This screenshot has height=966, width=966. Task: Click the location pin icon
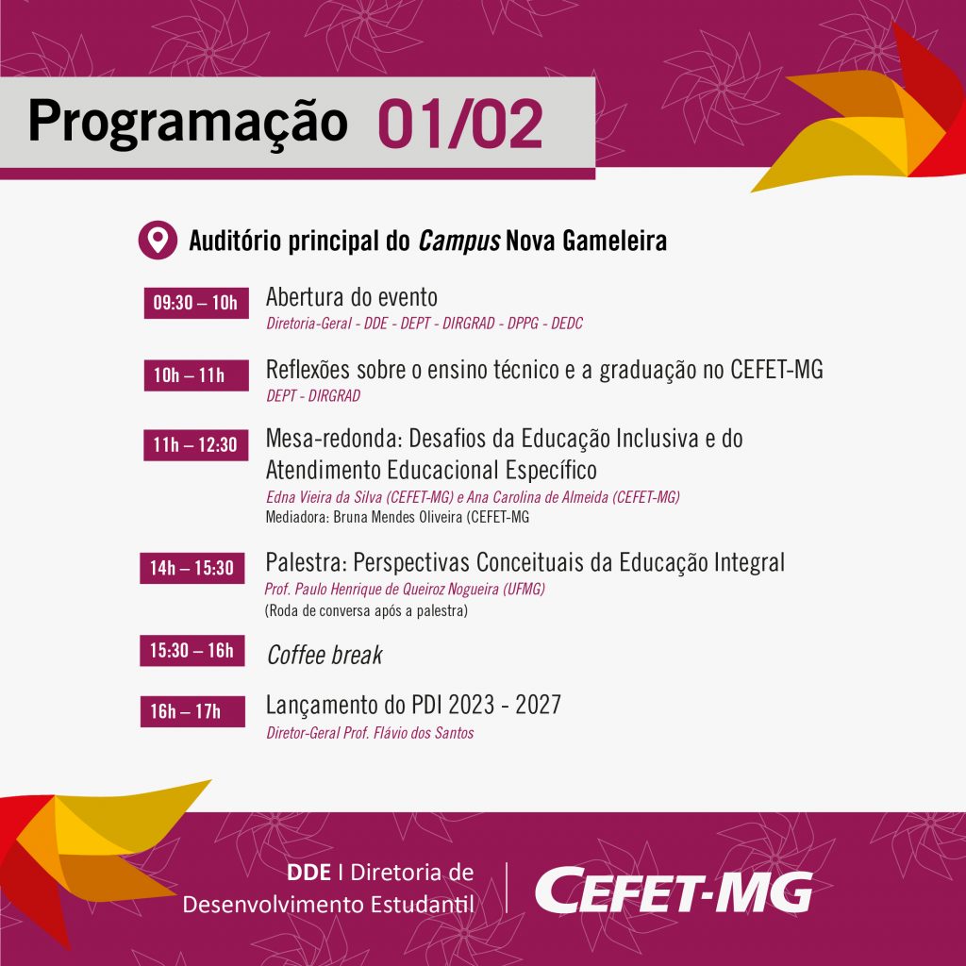[158, 240]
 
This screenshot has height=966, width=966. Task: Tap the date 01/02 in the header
[460, 124]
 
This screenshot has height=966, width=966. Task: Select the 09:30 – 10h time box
[196, 303]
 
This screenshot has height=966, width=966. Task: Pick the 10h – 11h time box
[196, 375]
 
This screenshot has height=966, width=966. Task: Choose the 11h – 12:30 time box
[196, 445]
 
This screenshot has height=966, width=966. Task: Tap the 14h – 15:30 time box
[192, 567]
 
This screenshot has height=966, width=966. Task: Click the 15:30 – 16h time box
[192, 650]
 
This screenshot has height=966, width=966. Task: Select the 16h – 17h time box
[192, 711]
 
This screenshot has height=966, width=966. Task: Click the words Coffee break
[325, 655]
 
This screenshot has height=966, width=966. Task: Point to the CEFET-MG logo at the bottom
[674, 890]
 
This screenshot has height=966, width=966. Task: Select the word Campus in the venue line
[459, 241]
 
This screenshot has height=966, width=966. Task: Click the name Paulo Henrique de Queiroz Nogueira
[397, 589]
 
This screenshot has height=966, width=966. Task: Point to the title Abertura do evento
[352, 297]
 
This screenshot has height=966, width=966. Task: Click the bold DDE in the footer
[308, 872]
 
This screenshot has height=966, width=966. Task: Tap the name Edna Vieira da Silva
[325, 497]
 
